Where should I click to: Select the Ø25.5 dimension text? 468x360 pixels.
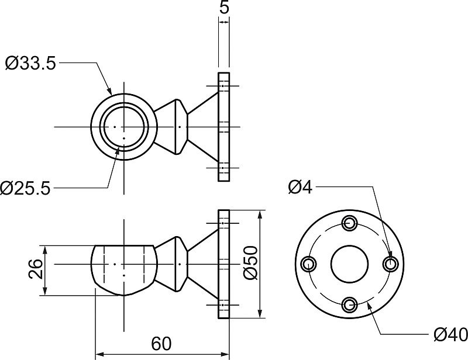[26, 188]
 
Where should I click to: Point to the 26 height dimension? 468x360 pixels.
[35, 269]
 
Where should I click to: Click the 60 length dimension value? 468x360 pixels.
[161, 344]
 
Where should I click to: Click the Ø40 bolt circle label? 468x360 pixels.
[451, 334]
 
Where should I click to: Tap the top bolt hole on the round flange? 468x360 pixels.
[350, 223]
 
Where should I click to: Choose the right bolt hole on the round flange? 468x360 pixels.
[390, 264]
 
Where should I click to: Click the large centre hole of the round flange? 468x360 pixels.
[350, 264]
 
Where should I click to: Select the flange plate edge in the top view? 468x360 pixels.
[223, 127]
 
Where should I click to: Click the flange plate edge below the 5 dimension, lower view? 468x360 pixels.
[223, 263]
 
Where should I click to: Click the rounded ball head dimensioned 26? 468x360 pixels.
[124, 269]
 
